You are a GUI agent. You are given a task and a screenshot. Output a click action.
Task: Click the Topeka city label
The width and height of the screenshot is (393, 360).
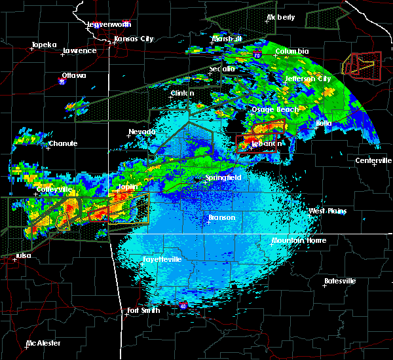tap(44, 45)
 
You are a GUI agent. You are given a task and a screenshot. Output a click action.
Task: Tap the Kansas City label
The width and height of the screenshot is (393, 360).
tap(134, 39)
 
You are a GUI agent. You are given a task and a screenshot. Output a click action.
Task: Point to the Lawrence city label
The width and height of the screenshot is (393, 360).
tap(79, 50)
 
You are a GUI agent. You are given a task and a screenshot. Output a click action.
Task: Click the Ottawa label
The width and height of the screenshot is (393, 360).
tap(74, 75)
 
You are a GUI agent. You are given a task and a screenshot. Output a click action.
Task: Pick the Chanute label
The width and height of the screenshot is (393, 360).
tap(64, 143)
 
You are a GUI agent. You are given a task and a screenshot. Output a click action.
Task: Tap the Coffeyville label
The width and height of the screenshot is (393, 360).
tap(55, 189)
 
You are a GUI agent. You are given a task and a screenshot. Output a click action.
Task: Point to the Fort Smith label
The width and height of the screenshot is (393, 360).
tap(143, 310)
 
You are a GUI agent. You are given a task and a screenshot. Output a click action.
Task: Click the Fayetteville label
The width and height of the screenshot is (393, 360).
tap(162, 259)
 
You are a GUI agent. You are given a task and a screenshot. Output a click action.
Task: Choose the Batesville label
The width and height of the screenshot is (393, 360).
tap(340, 281)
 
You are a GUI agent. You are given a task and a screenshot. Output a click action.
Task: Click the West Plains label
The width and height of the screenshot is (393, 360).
tap(327, 211)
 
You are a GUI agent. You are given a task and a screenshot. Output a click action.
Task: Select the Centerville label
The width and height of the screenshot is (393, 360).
tap(373, 160)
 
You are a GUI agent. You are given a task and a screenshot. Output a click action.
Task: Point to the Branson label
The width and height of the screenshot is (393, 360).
tap(221, 217)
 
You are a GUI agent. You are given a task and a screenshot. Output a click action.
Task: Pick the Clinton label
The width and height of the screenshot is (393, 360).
tap(183, 93)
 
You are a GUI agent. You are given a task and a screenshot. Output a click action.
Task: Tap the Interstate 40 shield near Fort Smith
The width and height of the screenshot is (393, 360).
tap(183, 305)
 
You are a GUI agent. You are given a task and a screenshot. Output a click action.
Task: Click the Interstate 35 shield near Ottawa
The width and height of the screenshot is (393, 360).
tap(62, 82)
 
